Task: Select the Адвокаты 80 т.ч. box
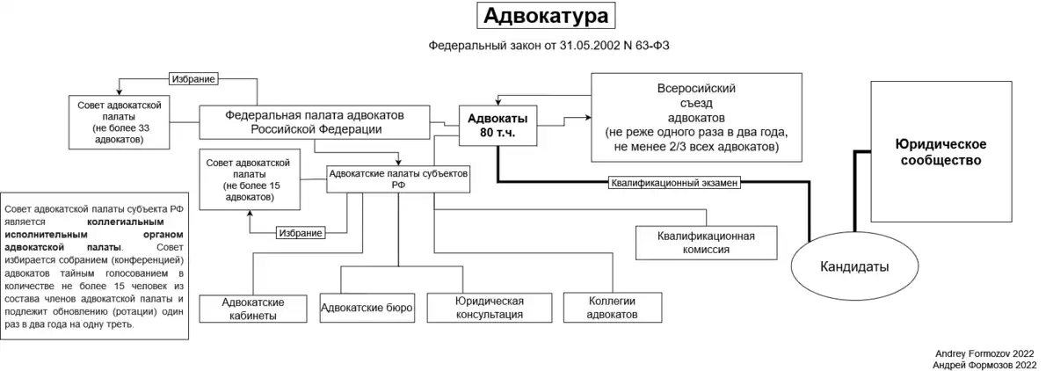pyautogui.click(x=497, y=125)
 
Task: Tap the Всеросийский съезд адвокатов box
pyautogui.click(x=696, y=117)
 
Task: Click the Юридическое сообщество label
pyautogui.click(x=940, y=151)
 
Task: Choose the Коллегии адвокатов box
pyautogui.click(x=611, y=307)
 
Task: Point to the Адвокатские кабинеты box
pyautogui.click(x=253, y=308)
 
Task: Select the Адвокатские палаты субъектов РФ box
pyautogui.click(x=398, y=179)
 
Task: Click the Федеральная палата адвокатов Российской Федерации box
pyautogui.click(x=315, y=122)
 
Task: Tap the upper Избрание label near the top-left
pyautogui.click(x=193, y=79)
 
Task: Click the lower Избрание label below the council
pyautogui.click(x=301, y=233)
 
